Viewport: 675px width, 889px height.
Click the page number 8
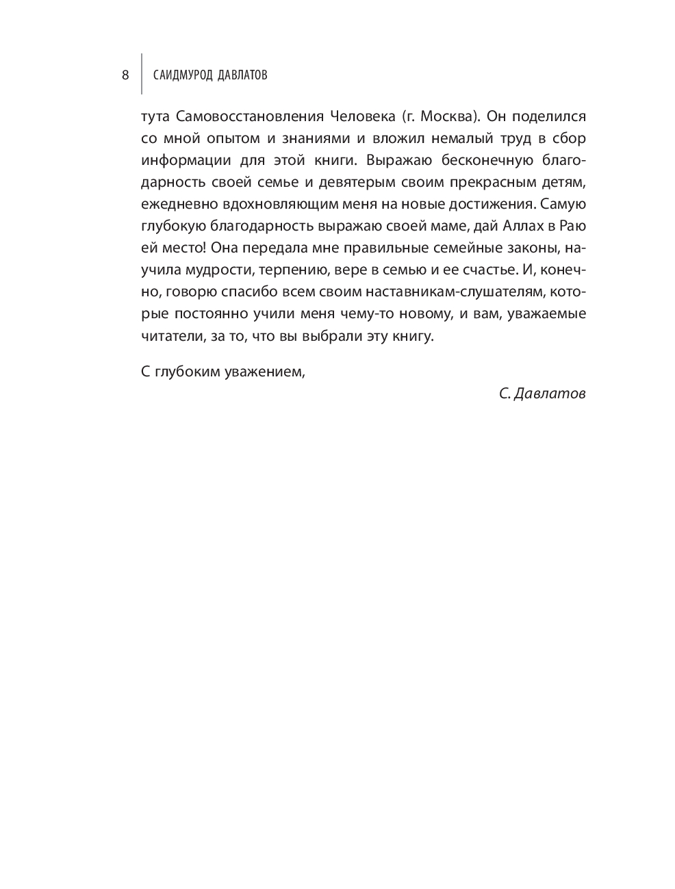pyautogui.click(x=125, y=75)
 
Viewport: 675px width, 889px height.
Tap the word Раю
pyautogui.click(x=570, y=227)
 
